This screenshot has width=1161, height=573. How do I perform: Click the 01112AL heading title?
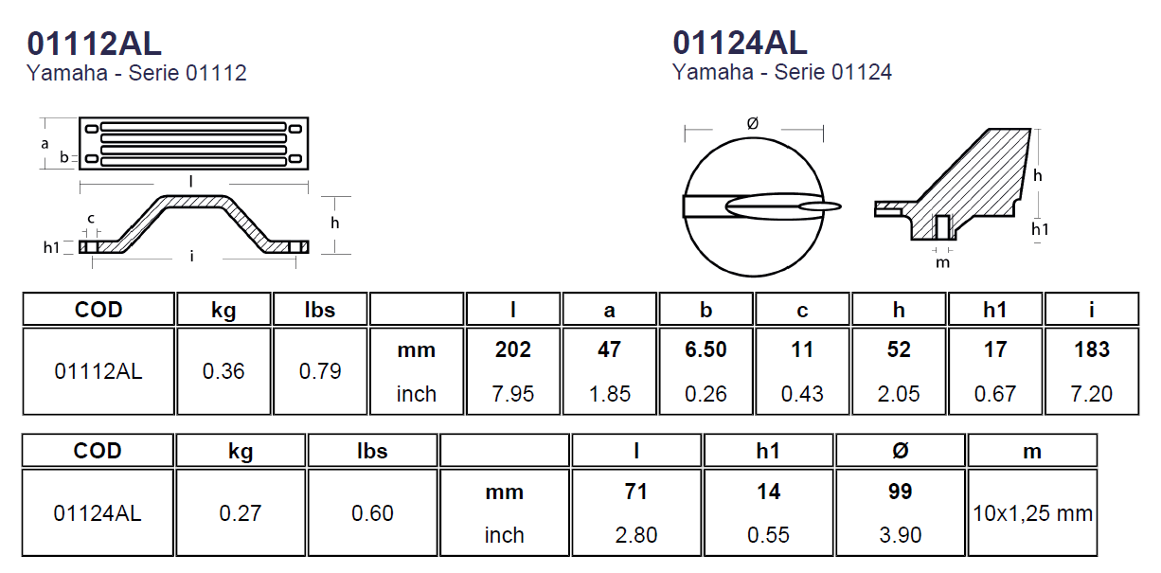click(95, 44)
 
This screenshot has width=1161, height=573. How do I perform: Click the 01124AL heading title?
click(740, 43)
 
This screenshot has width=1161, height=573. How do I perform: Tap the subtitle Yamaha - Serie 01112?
click(136, 73)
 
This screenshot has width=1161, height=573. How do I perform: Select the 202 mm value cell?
click(512, 349)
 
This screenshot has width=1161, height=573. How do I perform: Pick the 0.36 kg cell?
click(223, 371)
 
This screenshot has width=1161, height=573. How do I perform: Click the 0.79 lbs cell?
click(320, 371)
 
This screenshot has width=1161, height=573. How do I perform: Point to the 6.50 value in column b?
click(706, 349)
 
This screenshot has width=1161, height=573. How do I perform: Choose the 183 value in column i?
click(1092, 349)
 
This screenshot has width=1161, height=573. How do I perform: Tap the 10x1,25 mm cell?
click(1032, 513)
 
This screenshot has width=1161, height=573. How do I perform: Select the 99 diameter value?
click(900, 492)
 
